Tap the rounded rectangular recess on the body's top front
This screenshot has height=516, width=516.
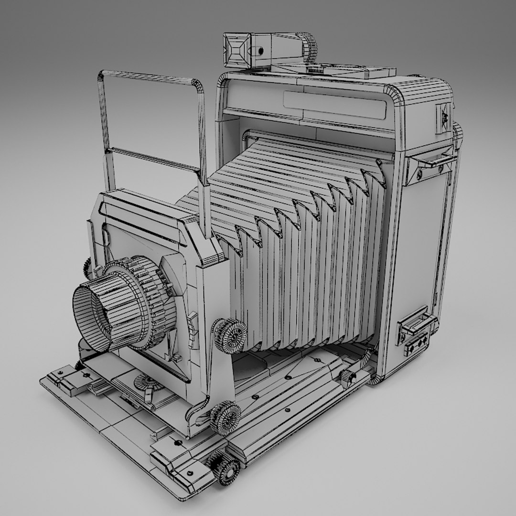334,105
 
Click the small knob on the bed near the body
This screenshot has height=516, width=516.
348,378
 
